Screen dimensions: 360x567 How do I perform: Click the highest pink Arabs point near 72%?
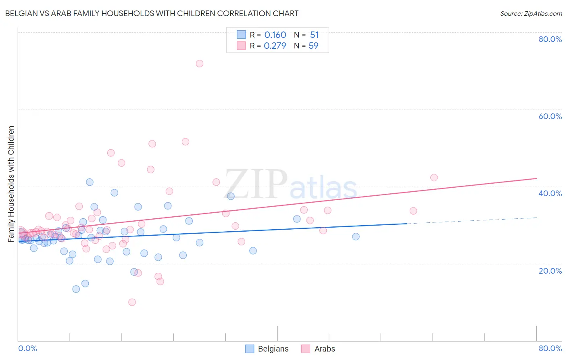click(199, 63)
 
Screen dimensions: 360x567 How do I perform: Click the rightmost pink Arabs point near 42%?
click(434, 178)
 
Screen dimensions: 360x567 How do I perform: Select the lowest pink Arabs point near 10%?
click(132, 302)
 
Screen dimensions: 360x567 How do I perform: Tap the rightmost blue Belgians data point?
click(356, 237)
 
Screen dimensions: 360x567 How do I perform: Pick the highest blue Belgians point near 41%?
click(90, 182)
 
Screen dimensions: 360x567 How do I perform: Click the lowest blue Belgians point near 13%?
click(76, 289)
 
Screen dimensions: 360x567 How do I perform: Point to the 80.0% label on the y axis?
click(550, 39)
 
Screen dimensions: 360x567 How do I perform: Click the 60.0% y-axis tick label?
click(550, 116)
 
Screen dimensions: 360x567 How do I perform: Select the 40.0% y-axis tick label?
click(550, 193)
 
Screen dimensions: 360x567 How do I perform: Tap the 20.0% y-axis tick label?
click(550, 271)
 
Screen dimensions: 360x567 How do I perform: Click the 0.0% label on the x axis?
click(27, 348)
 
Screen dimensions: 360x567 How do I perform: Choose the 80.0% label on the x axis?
click(550, 348)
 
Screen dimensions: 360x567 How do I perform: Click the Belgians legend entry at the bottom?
click(267, 349)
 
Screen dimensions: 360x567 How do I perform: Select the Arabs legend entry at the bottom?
click(319, 349)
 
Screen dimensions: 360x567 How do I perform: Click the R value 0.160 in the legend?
click(275, 35)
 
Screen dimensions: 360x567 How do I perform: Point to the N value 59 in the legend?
click(313, 46)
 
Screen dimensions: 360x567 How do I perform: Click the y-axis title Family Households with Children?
click(11, 184)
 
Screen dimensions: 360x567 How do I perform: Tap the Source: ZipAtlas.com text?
click(531, 14)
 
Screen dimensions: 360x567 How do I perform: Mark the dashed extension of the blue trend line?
click(472, 220)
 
